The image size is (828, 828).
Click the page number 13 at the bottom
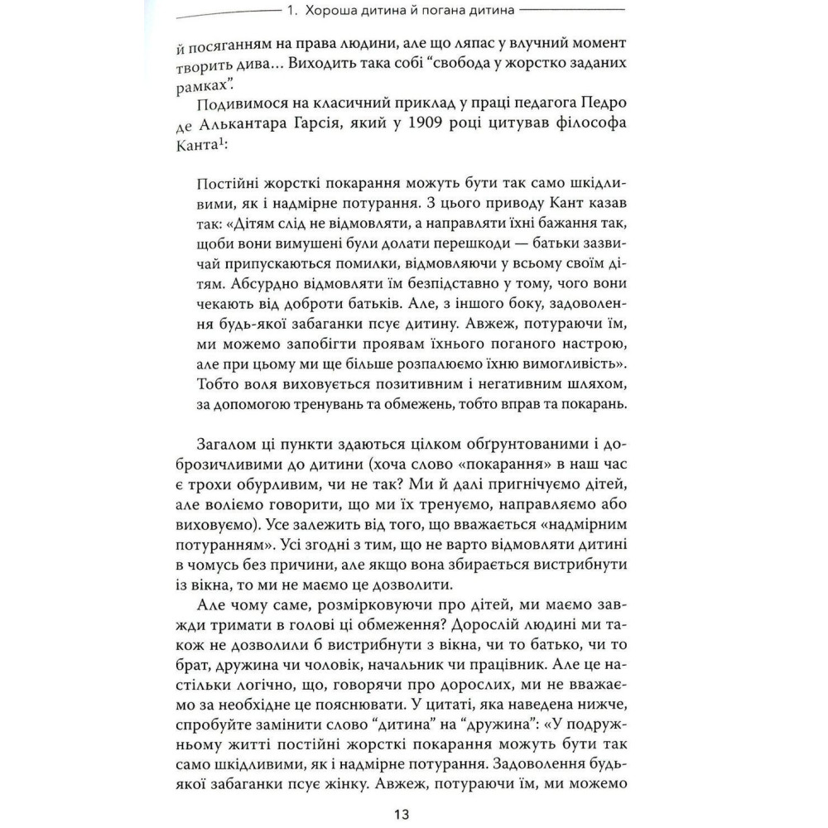coord(402,814)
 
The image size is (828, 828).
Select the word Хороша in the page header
coord(332,13)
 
